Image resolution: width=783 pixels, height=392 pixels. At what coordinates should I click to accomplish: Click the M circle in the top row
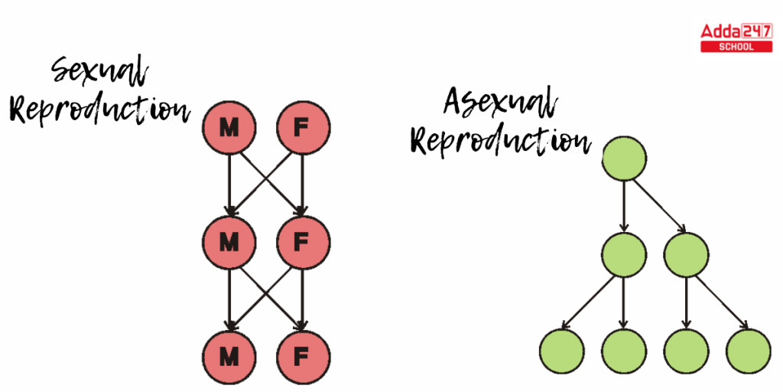point(228,128)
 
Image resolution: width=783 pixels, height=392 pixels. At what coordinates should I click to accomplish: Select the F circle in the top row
point(303,128)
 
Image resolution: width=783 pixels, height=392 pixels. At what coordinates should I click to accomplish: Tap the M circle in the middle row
point(228,243)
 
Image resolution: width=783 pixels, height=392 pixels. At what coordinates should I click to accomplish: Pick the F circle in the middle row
point(303,243)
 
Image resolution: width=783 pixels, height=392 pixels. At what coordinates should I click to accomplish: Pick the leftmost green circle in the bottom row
point(562,351)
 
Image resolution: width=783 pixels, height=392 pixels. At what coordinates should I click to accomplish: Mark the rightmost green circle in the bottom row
point(747,351)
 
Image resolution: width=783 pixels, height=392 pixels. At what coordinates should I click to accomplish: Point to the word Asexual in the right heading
point(501,103)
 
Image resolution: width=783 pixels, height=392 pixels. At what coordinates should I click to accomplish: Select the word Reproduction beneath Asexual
point(501,140)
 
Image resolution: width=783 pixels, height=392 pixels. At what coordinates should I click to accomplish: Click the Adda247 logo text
point(736,31)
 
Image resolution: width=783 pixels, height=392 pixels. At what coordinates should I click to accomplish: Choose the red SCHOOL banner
point(736,47)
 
